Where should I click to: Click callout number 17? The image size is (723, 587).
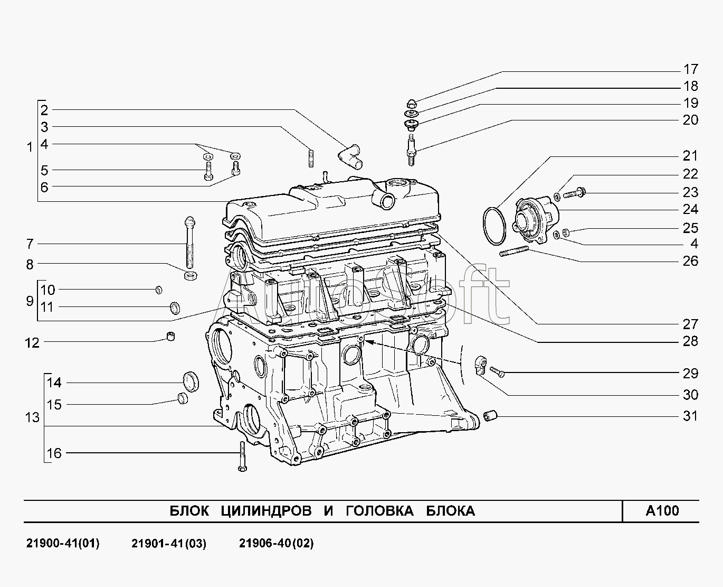690,69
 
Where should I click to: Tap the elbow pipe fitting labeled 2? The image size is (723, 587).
349,156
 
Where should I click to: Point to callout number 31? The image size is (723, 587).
690,416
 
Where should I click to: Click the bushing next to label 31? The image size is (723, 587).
490,415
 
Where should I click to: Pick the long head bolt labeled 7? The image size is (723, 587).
189,243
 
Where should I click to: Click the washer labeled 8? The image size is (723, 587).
191,275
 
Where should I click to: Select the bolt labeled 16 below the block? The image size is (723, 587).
242,456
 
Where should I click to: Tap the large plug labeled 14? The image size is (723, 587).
191,381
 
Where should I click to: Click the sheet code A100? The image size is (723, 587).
662,511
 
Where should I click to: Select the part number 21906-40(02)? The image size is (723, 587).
277,543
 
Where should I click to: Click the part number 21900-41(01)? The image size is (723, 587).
63,543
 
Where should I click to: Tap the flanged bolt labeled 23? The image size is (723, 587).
574,194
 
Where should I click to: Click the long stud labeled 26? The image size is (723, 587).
514,251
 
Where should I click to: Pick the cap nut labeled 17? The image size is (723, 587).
412,104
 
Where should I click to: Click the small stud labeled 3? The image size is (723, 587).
311,158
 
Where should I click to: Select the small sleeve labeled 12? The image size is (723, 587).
171,336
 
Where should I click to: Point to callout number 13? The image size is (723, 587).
32,417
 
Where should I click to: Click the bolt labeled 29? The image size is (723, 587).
497,372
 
